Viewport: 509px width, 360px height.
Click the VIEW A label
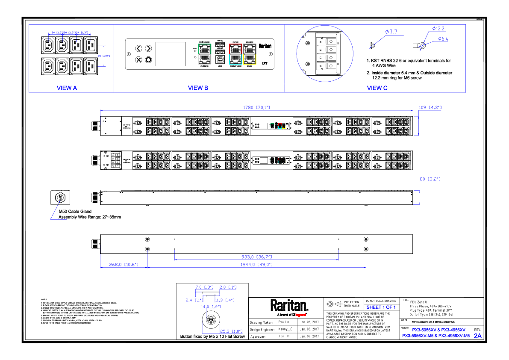67,88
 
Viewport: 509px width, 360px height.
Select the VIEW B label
198,88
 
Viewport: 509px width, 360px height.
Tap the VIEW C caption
377,88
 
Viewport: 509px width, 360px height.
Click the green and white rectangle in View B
205,54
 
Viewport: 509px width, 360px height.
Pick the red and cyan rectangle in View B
235,54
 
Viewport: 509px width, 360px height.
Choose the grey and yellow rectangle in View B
250,54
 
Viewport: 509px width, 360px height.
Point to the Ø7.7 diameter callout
391,32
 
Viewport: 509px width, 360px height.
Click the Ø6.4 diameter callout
443,39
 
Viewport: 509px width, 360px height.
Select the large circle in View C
325,53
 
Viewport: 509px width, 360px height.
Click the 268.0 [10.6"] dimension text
124,265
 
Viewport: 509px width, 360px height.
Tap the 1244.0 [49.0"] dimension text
256,265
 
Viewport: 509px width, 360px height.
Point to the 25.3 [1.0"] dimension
232,331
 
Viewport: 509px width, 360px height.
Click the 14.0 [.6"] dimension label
211,307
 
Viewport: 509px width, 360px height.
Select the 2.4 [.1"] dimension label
194,300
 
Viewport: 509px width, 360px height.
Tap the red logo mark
300,315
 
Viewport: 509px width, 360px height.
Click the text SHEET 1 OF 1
381,307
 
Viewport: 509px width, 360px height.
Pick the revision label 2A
477,336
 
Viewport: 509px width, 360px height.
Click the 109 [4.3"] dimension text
430,108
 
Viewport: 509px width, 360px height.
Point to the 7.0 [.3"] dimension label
204,287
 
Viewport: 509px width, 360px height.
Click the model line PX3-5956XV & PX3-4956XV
438,330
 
